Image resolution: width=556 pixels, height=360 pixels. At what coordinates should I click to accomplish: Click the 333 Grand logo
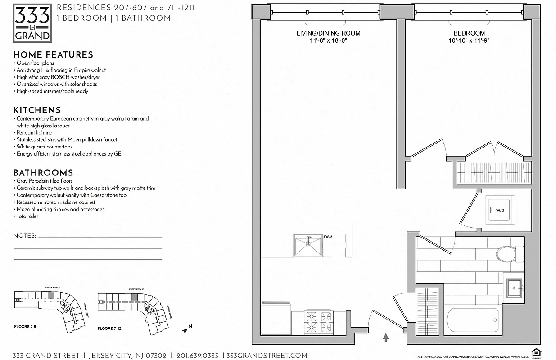(x=32, y=22)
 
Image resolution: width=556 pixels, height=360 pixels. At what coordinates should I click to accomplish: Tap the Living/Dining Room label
(x=328, y=33)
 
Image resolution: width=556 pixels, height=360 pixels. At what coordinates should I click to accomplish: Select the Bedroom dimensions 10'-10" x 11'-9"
(x=469, y=40)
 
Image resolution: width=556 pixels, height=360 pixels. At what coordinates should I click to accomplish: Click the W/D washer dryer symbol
(x=500, y=210)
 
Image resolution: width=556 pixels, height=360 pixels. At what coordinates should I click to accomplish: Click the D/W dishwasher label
(x=327, y=237)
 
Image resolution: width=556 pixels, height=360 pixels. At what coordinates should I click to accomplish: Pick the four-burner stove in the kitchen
(x=318, y=322)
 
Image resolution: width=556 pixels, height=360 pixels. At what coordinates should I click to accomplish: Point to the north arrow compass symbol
(x=187, y=329)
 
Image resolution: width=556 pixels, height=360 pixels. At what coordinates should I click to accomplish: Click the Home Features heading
(x=53, y=55)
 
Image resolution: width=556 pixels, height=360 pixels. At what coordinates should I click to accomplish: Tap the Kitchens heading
(x=37, y=110)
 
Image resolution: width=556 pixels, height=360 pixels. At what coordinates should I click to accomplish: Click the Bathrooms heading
(x=43, y=173)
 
